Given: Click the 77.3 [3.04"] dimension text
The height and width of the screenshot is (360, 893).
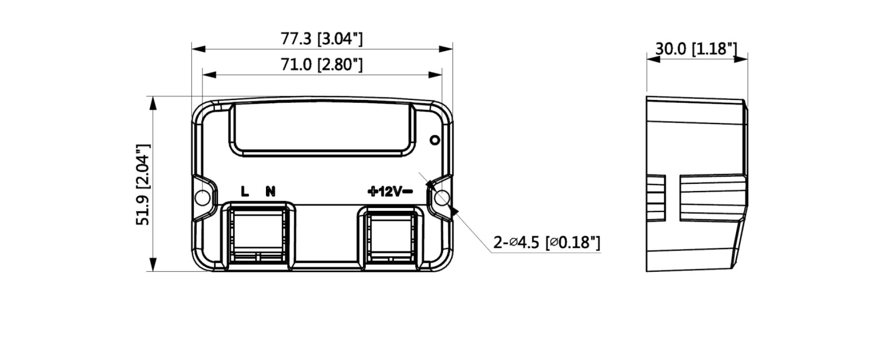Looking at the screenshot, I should [x=321, y=39].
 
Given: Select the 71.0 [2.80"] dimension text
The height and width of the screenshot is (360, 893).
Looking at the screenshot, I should [x=321, y=64].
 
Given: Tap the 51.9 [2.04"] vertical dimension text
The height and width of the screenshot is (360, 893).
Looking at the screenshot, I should [x=143, y=184].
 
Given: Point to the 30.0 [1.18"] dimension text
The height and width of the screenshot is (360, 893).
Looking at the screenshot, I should [x=696, y=49].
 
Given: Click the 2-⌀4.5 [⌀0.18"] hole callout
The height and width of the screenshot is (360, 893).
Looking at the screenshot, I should [x=546, y=242].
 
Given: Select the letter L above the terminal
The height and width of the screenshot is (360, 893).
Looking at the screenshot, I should [x=245, y=192].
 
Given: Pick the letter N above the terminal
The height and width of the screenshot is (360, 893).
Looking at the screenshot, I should [x=270, y=192].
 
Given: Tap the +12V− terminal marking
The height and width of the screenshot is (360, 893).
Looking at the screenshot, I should [x=390, y=192].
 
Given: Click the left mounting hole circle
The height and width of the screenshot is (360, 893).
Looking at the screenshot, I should [x=202, y=198].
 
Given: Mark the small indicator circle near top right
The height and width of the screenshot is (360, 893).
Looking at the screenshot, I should [x=434, y=140].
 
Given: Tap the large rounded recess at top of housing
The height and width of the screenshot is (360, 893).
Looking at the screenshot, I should [x=322, y=129].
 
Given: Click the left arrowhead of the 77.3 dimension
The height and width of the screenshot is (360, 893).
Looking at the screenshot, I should [x=198, y=49].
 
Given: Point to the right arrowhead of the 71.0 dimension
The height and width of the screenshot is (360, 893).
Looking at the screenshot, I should [x=436, y=75].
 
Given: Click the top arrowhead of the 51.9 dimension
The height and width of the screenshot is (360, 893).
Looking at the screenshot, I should [x=153, y=103].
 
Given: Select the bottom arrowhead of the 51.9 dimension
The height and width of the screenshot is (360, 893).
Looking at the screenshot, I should [x=153, y=265].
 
